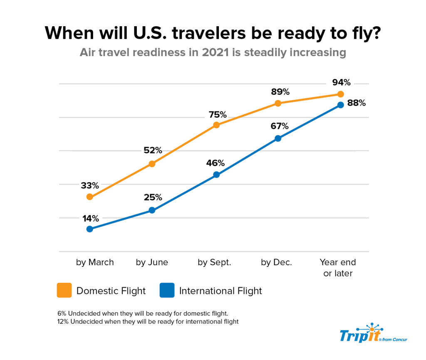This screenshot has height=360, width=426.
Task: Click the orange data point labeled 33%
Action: pos(89,197)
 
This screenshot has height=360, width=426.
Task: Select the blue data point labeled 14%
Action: pos(89,229)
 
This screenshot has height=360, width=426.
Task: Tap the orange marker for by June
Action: pos(152,164)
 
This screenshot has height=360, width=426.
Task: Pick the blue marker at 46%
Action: pos(216,175)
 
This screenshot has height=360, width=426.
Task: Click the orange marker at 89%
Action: pos(278,103)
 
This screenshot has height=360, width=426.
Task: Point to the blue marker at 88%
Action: pos(340,105)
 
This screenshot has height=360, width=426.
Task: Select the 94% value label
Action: pos(341,82)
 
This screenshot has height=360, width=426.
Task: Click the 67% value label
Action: pos(279,126)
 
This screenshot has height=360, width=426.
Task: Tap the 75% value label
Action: pos(218,114)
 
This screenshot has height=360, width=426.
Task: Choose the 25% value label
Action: pos(153,197)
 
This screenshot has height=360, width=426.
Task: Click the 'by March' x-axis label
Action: pos(95,262)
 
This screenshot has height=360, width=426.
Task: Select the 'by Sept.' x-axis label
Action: pos(214,262)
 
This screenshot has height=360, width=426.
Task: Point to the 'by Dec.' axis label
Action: pos(276,262)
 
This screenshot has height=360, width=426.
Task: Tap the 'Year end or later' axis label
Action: pos(338,268)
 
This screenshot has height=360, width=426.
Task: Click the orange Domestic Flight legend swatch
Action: pos(64,291)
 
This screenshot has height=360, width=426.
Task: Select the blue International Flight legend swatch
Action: pos(167,291)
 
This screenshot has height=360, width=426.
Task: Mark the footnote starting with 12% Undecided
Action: pos(148,322)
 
